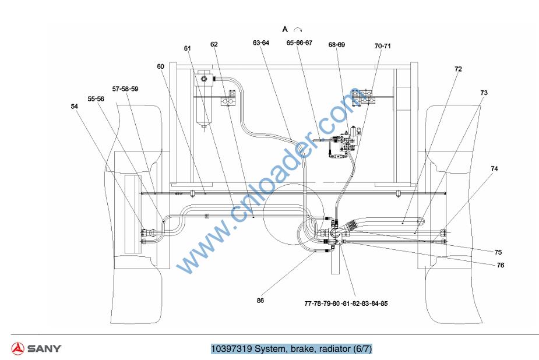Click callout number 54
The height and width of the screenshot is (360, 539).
[x=74, y=107]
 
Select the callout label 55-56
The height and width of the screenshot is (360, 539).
[x=96, y=99]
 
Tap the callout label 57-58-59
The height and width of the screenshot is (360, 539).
[x=125, y=89]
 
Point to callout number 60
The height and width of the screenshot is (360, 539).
[x=160, y=66]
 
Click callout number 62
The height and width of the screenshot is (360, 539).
[x=214, y=44]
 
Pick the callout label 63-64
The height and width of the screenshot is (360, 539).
[x=261, y=43]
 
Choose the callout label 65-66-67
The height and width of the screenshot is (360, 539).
[x=300, y=43]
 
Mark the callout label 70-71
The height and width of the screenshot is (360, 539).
[x=383, y=46]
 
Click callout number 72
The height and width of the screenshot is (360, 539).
[x=458, y=69]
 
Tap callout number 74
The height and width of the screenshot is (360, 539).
[x=494, y=169]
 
